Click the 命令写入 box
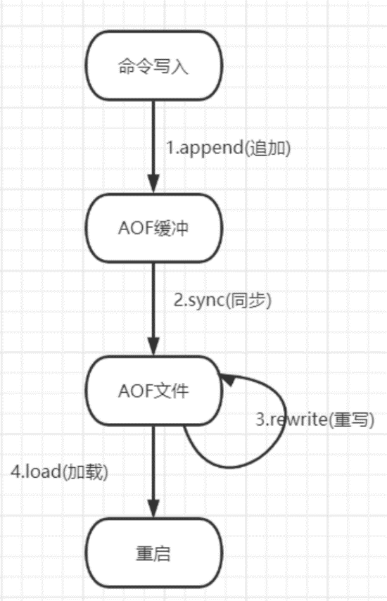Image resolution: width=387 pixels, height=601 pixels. (153, 65)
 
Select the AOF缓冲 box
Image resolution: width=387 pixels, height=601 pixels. (153, 228)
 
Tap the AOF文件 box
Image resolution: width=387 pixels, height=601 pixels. (153, 391)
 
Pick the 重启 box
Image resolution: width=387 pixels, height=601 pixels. (153, 553)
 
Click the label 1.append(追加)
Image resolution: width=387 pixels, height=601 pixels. (229, 148)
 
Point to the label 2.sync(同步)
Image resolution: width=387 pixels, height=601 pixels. (222, 300)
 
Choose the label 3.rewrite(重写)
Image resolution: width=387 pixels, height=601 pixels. (315, 419)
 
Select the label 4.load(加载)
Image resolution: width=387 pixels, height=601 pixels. (59, 472)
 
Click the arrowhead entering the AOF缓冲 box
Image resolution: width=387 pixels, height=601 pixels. (153, 184)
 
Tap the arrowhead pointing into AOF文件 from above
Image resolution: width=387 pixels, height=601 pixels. (153, 346)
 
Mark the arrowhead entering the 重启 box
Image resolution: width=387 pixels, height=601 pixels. (153, 509)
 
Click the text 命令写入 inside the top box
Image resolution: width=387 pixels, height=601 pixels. (153, 66)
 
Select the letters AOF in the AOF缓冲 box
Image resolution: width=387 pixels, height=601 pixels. (136, 229)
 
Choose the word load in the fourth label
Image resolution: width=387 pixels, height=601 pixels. (43, 472)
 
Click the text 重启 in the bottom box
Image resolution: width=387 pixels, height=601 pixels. (153, 553)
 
